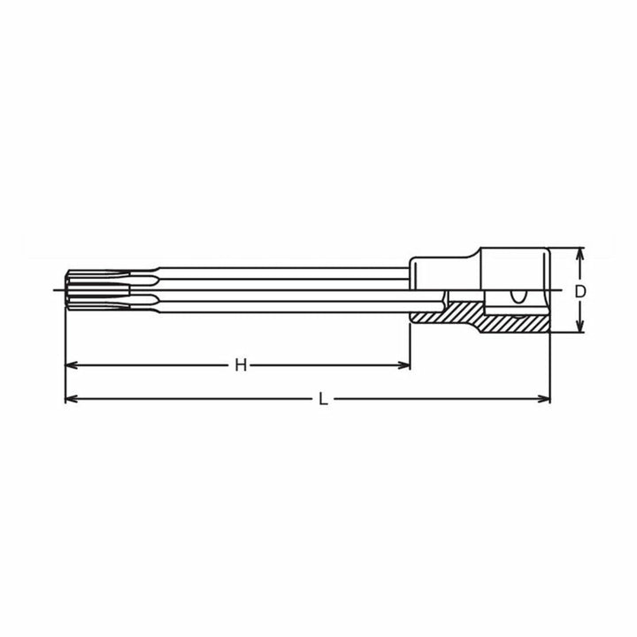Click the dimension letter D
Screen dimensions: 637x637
pyautogui.click(x=580, y=290)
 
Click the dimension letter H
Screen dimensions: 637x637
pyautogui.click(x=240, y=365)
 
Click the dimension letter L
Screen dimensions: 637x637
pyautogui.click(x=324, y=399)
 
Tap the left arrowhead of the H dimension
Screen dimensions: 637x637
pyautogui.click(x=71, y=365)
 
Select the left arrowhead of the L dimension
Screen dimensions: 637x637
pyautogui.click(x=71, y=399)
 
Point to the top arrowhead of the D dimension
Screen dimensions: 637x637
pyautogui.click(x=580, y=253)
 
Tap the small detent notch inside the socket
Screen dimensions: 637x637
pyautogui.click(x=516, y=297)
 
